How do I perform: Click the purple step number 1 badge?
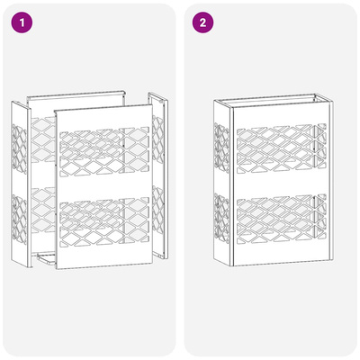point(22,22)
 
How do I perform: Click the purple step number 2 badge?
point(202,22)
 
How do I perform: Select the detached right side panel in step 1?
point(158,175)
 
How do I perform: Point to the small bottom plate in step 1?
point(47,258)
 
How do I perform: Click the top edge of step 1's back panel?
point(76,94)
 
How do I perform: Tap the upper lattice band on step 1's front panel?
point(104,151)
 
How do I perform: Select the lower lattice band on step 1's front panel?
point(104,222)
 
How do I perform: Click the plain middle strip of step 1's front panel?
point(103,187)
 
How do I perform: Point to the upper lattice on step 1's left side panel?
point(19,148)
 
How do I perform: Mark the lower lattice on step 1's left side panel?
point(19,220)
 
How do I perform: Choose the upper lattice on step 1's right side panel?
point(157,139)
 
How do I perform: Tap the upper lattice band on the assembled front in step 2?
point(282,148)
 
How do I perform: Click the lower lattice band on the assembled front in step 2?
point(282,219)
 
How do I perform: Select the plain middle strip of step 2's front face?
point(282,184)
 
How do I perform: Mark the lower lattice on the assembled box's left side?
point(221,219)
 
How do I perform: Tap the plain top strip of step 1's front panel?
point(103,118)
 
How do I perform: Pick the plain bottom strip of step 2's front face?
point(282,254)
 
